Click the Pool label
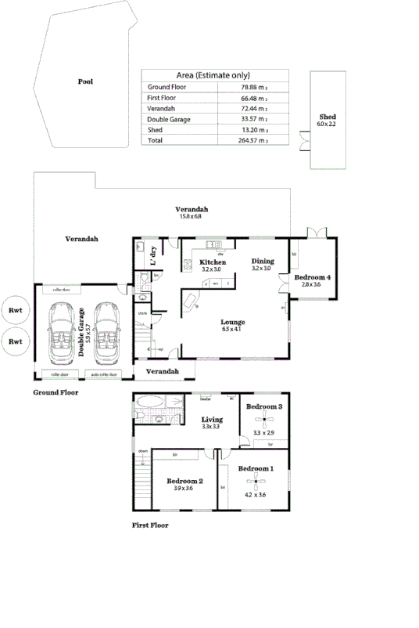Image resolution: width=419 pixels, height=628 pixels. [x=85, y=81]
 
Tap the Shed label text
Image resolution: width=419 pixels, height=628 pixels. [x=328, y=117]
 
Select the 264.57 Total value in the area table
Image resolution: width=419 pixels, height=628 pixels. [x=251, y=141]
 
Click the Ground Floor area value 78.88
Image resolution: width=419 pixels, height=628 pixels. [x=251, y=86]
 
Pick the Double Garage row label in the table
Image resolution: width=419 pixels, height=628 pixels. [x=169, y=119]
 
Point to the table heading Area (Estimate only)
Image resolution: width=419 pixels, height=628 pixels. [x=214, y=74]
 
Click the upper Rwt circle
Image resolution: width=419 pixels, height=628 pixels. [x=15, y=309]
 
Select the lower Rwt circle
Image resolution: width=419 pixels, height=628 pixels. [x=15, y=341]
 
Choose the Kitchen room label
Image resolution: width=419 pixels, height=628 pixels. [x=212, y=262]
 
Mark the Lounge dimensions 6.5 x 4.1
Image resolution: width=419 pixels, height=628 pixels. [x=233, y=330]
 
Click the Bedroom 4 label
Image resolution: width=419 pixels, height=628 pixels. [x=312, y=277]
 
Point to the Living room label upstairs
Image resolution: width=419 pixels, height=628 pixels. [x=212, y=419]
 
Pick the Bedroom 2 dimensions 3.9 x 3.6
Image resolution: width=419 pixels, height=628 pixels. [x=184, y=489]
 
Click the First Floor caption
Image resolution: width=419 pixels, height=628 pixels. [x=149, y=525]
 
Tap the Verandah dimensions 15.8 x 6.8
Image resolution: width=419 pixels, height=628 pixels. [x=191, y=217]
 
